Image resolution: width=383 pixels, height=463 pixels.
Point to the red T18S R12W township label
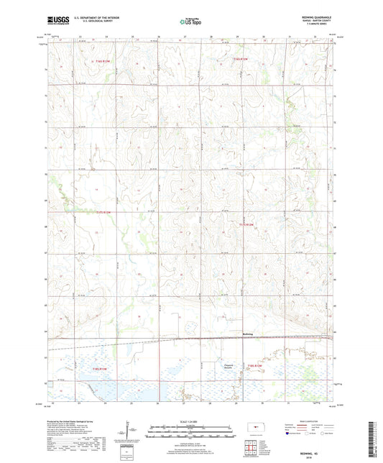click(x=257, y=368)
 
